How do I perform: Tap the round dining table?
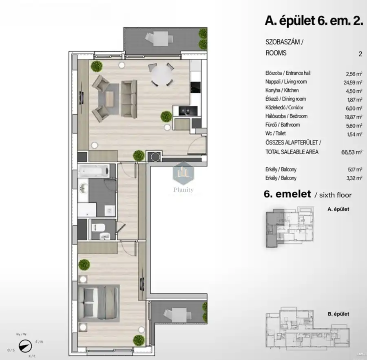point(162,76)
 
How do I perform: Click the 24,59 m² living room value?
point(354,82)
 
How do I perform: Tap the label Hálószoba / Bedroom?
point(286,116)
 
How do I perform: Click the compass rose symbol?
point(25,345)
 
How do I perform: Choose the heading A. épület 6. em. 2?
point(314,21)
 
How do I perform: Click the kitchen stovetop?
point(196,87)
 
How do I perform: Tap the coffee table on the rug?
point(109,98)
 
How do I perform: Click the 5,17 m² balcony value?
point(354,170)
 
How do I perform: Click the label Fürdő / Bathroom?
point(282,125)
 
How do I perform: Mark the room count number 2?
point(360,53)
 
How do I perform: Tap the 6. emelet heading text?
point(288,195)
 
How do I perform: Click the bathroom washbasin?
point(84,189)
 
